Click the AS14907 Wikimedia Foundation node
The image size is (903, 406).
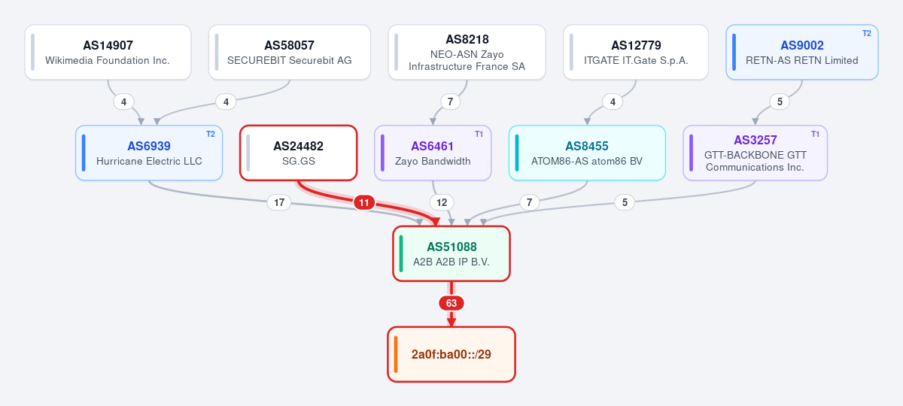(x=108, y=53)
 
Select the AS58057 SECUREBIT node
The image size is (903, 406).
(x=290, y=53)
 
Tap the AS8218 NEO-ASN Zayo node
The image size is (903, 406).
(x=467, y=53)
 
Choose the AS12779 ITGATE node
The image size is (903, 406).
(x=636, y=53)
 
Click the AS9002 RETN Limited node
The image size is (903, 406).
(x=802, y=53)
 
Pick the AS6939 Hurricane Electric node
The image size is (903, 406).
(x=149, y=153)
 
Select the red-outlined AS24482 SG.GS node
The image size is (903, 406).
(x=298, y=153)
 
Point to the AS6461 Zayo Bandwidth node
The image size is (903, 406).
(x=433, y=153)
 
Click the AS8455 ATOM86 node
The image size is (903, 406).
(x=587, y=153)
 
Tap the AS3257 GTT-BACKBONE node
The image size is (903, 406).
(x=755, y=153)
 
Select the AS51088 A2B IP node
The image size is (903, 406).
(x=451, y=254)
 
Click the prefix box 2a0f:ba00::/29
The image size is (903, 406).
(x=451, y=354)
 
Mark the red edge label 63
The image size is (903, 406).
(x=451, y=303)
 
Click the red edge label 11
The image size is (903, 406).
(x=364, y=202)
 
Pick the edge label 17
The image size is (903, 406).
(x=279, y=202)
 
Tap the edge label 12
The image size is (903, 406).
(x=442, y=202)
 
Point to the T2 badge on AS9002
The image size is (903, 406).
(x=867, y=33)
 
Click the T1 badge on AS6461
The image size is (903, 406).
(x=479, y=134)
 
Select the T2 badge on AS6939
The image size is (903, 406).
(x=211, y=134)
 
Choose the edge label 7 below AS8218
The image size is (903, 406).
(x=450, y=101)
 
